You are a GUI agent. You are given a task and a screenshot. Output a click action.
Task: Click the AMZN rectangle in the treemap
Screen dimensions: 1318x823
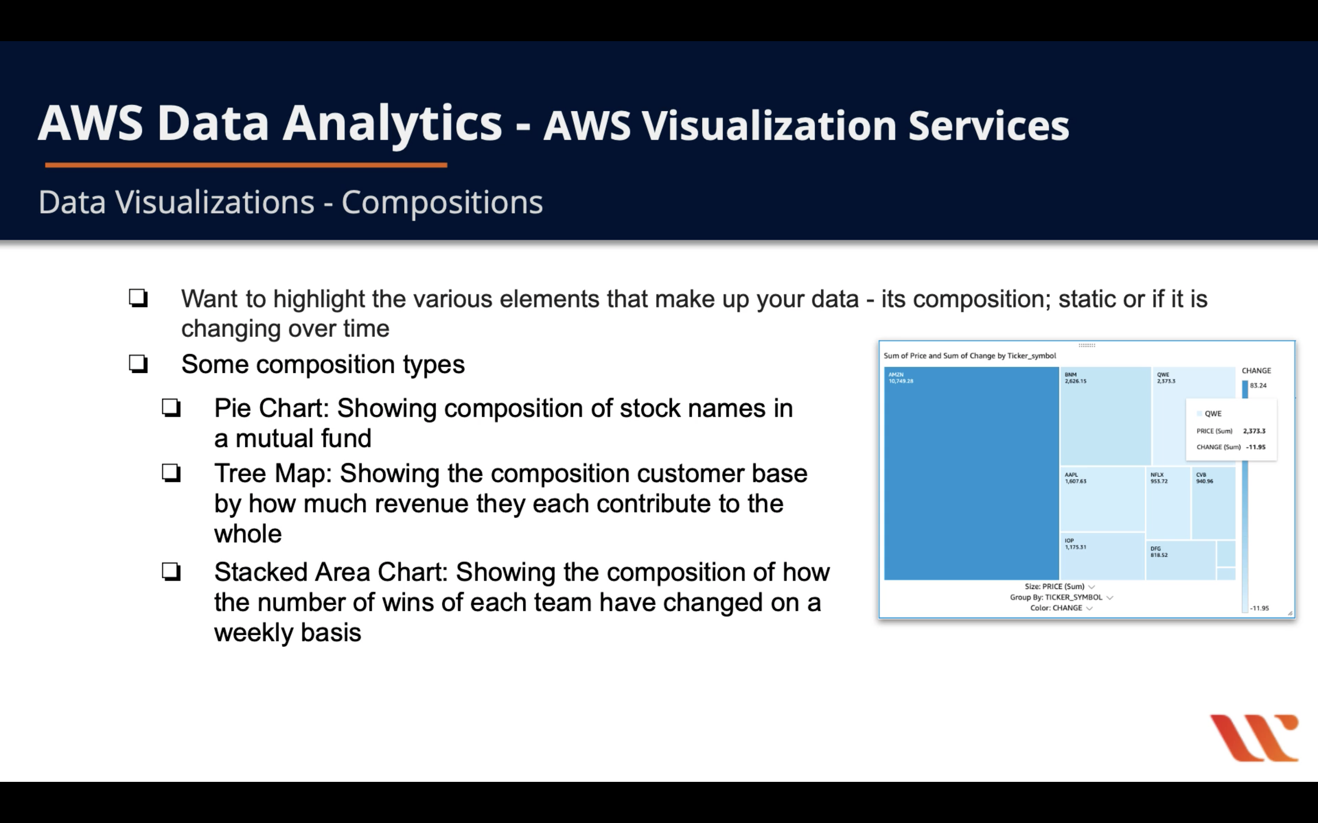[971, 473]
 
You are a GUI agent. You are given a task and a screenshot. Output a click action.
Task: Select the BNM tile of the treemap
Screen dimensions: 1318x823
[1105, 416]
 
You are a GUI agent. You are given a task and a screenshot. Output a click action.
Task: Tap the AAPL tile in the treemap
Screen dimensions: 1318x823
[1103, 499]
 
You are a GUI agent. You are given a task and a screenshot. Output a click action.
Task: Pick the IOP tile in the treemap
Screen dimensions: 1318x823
[1103, 556]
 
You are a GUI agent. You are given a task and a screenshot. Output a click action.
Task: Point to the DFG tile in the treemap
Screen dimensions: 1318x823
[1181, 560]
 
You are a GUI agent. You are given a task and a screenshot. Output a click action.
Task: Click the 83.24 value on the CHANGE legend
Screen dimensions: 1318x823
[1258, 385]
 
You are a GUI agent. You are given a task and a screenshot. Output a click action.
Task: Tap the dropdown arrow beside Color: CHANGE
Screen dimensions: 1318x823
[1089, 608]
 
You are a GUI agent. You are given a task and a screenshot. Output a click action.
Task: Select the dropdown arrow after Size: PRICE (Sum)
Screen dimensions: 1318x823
[1091, 587]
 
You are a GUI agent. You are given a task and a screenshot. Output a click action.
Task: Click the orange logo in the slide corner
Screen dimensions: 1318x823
[1254, 737]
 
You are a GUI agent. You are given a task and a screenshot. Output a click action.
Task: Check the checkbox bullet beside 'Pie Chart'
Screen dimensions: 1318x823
[171, 408]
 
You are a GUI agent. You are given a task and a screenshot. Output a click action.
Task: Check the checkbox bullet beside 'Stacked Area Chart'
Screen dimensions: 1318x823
[171, 572]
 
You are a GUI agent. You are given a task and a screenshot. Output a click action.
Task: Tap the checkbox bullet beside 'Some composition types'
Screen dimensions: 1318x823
[138, 364]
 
